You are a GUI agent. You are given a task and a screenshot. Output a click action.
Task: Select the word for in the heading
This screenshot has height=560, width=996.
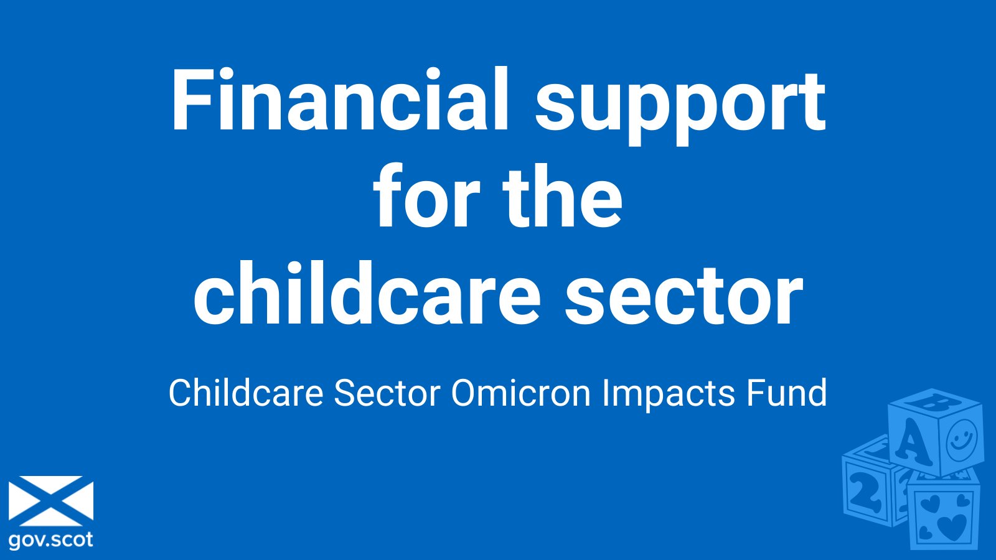[x=427, y=196]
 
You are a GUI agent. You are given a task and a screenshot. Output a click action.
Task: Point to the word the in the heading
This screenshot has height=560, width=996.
[x=563, y=196]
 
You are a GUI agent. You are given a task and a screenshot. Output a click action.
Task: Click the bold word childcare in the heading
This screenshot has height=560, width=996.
[x=367, y=293]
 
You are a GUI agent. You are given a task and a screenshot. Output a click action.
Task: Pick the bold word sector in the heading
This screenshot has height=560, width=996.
[x=684, y=298]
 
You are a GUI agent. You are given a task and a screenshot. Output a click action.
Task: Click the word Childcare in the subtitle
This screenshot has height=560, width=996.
[x=246, y=393]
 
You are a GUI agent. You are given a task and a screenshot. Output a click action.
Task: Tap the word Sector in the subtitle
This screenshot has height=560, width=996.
[x=387, y=393]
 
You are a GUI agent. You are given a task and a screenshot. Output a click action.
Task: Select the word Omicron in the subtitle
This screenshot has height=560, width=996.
[x=520, y=393]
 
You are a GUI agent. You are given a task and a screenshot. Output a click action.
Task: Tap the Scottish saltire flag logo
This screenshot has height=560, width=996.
[x=51, y=501]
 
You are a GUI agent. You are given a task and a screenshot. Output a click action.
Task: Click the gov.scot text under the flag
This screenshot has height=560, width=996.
[x=50, y=540]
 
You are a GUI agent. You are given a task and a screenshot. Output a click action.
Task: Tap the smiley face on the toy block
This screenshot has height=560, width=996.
[x=962, y=439]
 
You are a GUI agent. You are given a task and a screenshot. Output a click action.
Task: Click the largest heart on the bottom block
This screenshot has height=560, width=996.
[x=952, y=526]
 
